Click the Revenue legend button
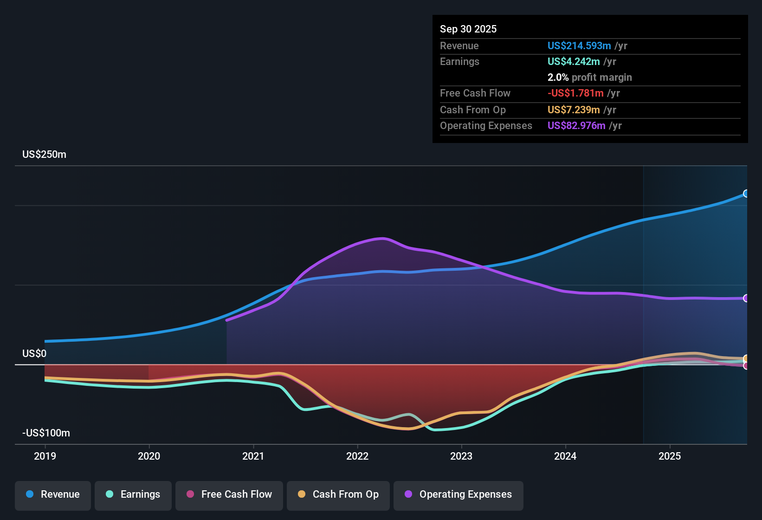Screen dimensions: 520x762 (x=53, y=494)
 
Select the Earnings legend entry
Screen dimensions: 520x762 (x=133, y=494)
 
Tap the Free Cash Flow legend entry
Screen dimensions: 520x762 (x=229, y=494)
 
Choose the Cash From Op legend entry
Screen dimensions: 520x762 (x=338, y=494)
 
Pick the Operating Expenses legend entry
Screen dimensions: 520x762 (x=458, y=494)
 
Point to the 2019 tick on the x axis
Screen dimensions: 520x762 (x=45, y=456)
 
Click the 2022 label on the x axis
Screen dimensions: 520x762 (x=357, y=456)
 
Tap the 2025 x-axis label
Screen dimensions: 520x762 (x=670, y=456)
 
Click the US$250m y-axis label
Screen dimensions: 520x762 (x=44, y=155)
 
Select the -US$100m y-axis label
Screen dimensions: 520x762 (x=46, y=433)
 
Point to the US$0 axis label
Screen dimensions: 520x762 (x=34, y=354)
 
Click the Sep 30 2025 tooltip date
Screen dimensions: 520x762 (x=468, y=29)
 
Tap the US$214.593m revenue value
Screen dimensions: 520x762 (x=579, y=46)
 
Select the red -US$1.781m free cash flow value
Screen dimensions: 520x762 (x=575, y=93)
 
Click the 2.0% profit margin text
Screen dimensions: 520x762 (x=589, y=78)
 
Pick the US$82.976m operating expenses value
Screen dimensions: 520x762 (x=576, y=126)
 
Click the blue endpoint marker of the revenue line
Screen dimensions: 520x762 (x=746, y=194)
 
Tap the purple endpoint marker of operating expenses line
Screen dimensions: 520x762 (x=746, y=298)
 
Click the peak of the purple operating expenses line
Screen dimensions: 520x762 (x=382, y=238)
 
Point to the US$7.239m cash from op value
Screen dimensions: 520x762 (x=574, y=110)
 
